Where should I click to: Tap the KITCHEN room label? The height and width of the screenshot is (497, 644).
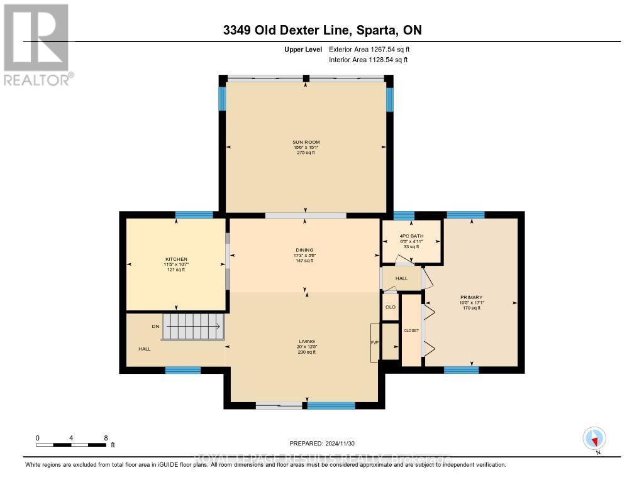click(x=176, y=259)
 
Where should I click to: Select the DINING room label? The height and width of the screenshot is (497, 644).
click(x=306, y=250)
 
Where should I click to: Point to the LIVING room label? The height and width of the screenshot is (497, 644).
click(x=307, y=342)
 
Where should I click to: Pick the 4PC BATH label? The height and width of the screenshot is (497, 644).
click(x=412, y=236)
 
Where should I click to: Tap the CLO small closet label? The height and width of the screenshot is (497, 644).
click(x=390, y=308)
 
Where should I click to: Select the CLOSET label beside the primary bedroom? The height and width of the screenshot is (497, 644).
click(x=411, y=330)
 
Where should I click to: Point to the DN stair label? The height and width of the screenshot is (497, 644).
click(x=155, y=327)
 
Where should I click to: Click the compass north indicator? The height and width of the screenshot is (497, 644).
click(x=594, y=439)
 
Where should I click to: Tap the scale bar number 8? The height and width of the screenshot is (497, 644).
click(x=106, y=437)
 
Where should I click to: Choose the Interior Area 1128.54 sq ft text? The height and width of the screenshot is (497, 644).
click(x=368, y=60)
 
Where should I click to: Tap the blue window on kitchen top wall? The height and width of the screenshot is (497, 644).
click(x=194, y=215)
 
